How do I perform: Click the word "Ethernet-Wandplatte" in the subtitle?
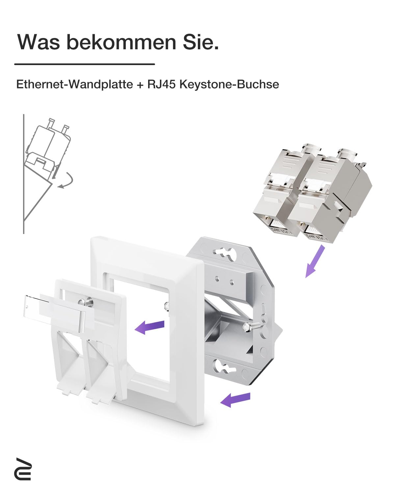pyautogui.click(x=75, y=84)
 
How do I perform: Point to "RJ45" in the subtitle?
pyautogui.click(x=161, y=84)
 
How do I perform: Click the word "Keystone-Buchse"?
pyautogui.click(x=229, y=84)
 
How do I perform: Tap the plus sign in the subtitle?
pyautogui.click(x=140, y=84)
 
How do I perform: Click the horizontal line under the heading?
pyautogui.click(x=85, y=64)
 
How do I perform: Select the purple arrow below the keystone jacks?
pyautogui.click(x=315, y=261)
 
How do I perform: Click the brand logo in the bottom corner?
pyautogui.click(x=23, y=469)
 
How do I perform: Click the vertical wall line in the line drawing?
pyautogui.click(x=24, y=174)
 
